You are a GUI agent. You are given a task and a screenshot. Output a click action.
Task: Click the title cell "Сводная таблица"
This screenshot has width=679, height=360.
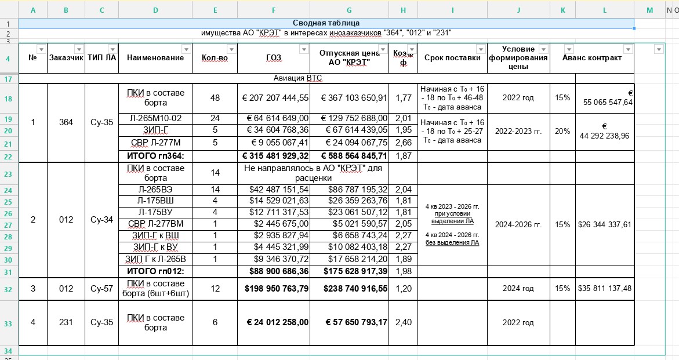[x=326, y=23]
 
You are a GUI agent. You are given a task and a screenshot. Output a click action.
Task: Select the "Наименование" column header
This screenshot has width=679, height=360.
[x=155, y=57]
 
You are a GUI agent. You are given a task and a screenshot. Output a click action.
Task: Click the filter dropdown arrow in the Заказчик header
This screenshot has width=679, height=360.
[x=79, y=49]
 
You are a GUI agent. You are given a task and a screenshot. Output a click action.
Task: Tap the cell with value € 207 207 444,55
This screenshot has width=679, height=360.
[x=274, y=98]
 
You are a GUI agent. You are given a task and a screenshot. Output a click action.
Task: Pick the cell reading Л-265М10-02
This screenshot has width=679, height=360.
[x=155, y=118]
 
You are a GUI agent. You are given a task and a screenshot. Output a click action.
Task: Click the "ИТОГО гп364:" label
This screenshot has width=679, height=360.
[x=155, y=155]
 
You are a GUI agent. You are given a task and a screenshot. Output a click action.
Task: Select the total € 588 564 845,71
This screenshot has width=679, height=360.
[x=348, y=155]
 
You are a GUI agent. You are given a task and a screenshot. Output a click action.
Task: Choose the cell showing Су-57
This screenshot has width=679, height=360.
[x=101, y=288]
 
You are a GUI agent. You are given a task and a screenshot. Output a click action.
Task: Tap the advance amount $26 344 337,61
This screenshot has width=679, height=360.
[x=604, y=224]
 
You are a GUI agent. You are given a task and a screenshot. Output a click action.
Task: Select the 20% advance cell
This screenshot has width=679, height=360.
[x=562, y=131]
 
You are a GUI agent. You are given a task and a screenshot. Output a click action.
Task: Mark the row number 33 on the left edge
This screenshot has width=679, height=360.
[x=9, y=322]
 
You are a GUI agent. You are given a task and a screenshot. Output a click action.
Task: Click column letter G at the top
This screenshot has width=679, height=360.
[x=348, y=10]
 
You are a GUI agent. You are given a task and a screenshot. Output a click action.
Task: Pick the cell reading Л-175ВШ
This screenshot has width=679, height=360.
[x=155, y=201]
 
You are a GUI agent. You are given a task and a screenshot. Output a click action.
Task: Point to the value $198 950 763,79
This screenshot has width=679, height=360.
[x=274, y=288]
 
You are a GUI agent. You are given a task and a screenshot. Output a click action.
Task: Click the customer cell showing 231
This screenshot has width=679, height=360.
[x=66, y=322]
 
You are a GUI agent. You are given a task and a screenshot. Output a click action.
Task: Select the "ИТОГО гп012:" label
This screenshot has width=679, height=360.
[x=155, y=271]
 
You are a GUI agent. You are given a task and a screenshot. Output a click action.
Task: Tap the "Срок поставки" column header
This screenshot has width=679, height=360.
[x=452, y=57]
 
